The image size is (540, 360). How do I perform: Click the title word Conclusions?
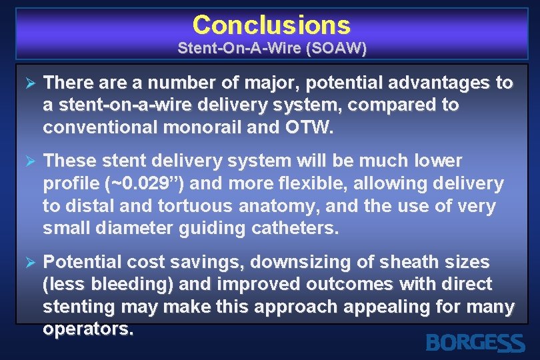coord(271,25)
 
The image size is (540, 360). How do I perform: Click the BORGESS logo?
coord(474,342)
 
